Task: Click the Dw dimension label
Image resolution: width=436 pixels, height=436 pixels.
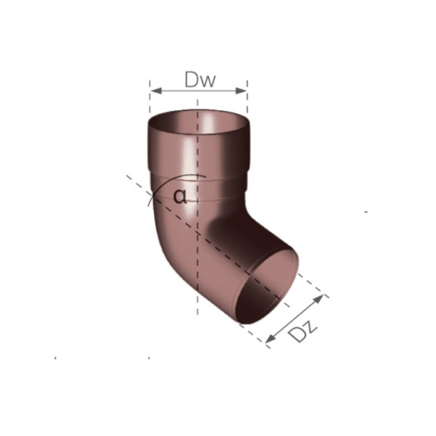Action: point(200,79)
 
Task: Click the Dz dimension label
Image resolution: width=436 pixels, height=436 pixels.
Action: point(302,332)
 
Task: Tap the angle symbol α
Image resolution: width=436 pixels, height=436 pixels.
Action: point(180,196)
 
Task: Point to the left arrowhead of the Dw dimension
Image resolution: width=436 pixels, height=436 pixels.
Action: point(156,90)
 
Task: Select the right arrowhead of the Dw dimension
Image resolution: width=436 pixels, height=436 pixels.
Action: point(241,90)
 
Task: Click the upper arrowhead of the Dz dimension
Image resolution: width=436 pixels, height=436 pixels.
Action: point(319,299)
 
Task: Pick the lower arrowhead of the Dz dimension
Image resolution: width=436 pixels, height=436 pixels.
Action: point(270,339)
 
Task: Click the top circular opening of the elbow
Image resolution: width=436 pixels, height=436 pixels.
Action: point(199,122)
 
